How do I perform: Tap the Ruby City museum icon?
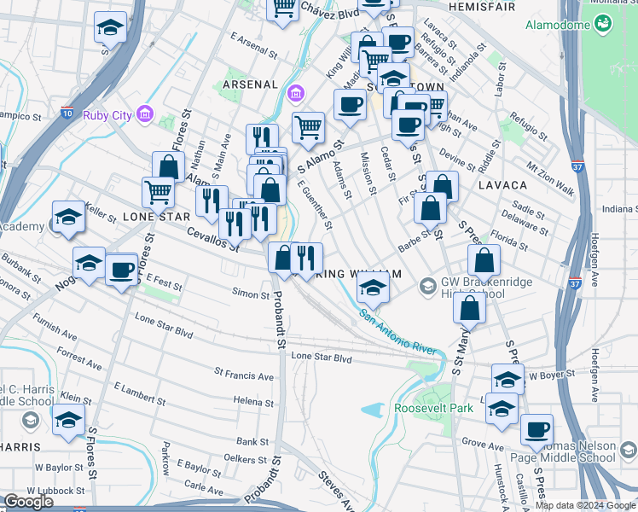[x=144, y=113]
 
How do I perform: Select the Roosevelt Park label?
[x=433, y=408]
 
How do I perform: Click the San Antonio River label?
[x=397, y=334]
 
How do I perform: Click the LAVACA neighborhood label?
[x=502, y=184]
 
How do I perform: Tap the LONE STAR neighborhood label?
[x=156, y=217]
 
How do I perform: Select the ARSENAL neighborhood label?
[x=250, y=84]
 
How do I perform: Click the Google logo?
[x=28, y=502]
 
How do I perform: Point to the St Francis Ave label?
[x=244, y=375]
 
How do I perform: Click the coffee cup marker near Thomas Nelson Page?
[x=536, y=430]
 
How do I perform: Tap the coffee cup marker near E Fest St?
[x=121, y=269]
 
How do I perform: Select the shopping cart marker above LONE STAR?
[x=159, y=192]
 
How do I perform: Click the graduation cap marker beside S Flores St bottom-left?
[x=68, y=420]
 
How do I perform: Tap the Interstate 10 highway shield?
[x=68, y=112]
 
